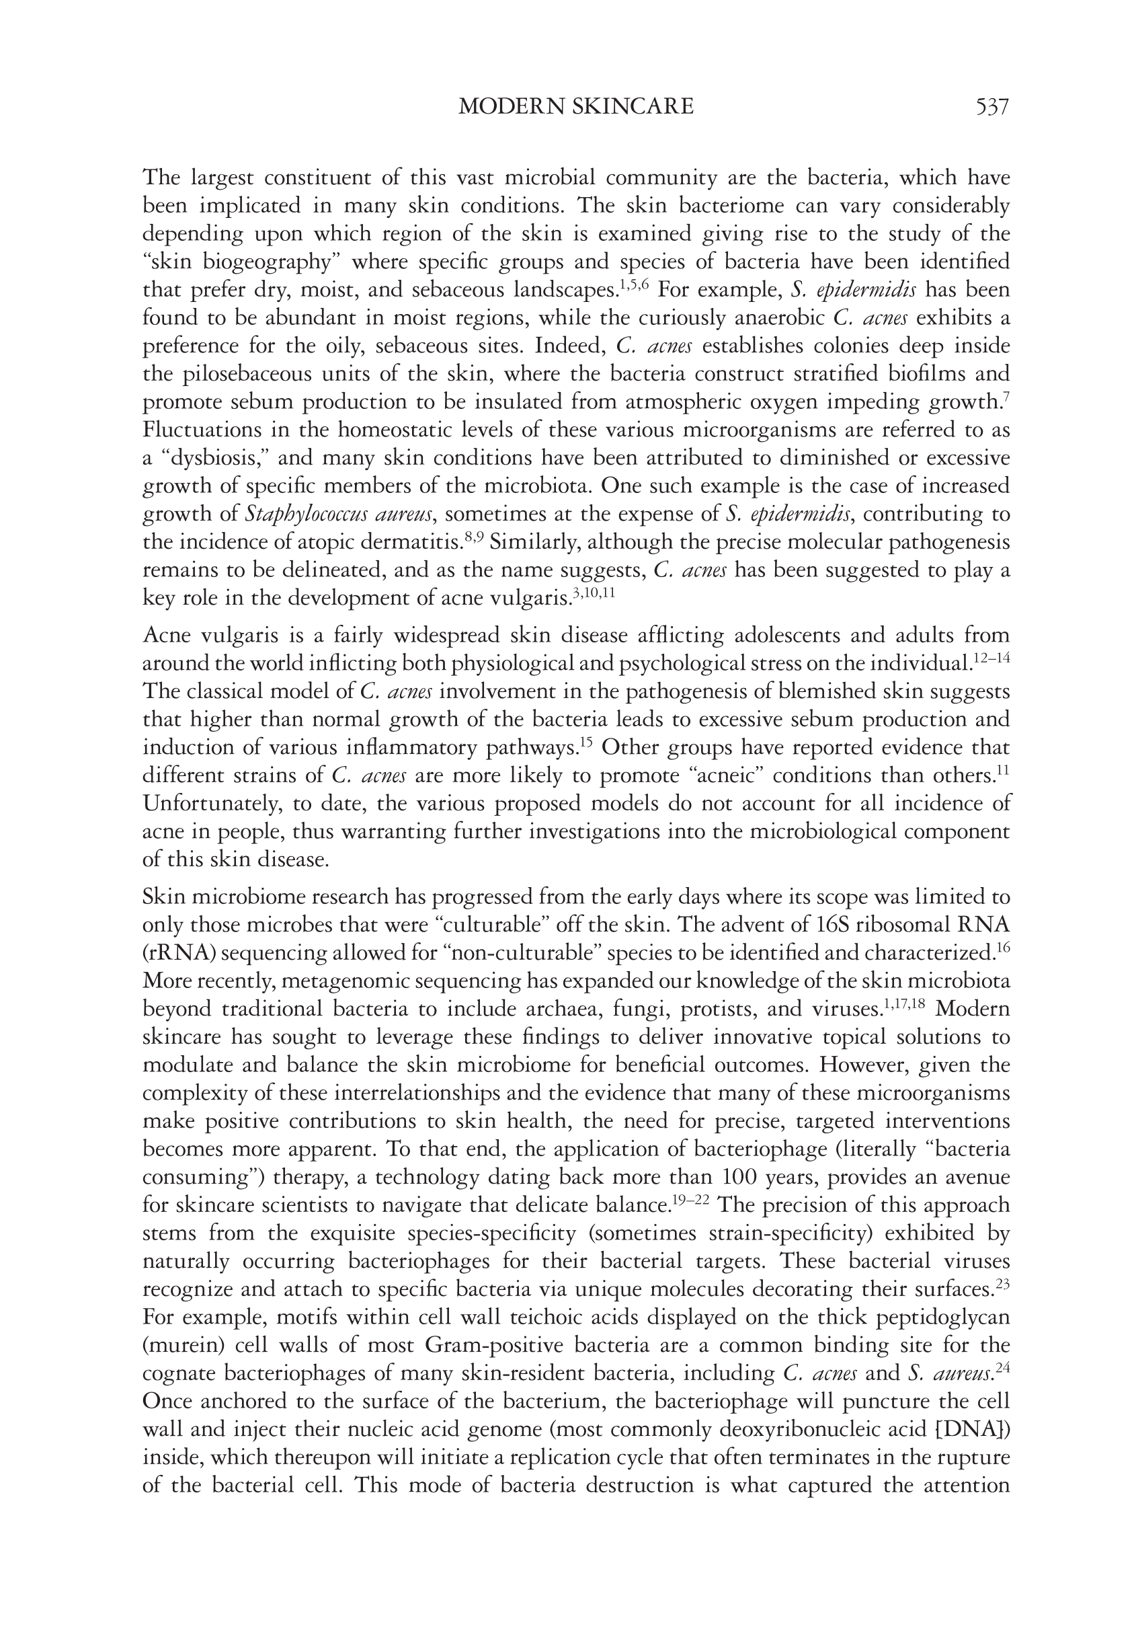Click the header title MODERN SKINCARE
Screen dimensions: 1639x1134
[575, 107]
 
